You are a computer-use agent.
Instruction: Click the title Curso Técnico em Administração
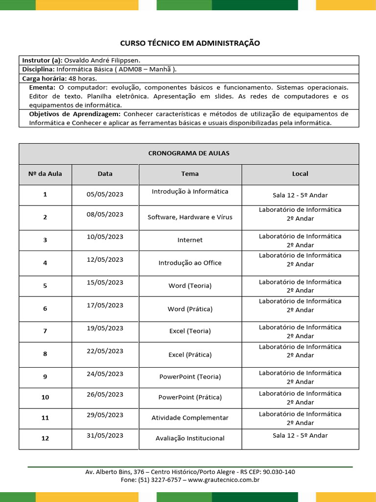point(190,43)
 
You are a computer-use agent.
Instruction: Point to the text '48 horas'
point(83,78)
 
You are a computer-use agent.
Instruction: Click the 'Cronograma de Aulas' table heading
point(188,153)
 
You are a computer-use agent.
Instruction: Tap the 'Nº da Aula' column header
point(45,174)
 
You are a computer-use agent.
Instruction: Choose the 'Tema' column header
point(190,174)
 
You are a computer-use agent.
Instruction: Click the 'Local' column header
point(300,174)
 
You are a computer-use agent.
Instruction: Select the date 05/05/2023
point(105,194)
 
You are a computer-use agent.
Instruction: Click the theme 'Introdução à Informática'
point(190,192)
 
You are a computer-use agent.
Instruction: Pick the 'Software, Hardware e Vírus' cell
point(190,217)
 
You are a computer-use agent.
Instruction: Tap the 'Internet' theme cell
point(190,240)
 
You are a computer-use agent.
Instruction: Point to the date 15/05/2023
point(105,282)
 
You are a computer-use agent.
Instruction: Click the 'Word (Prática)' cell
point(190,309)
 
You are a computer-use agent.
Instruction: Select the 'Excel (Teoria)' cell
point(190,331)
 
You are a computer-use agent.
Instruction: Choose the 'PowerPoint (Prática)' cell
point(190,397)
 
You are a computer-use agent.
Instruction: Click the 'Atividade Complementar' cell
point(190,418)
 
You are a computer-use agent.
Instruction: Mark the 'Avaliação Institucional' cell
point(190,438)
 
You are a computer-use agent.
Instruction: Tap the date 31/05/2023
point(105,435)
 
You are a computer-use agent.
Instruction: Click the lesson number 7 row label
point(45,331)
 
